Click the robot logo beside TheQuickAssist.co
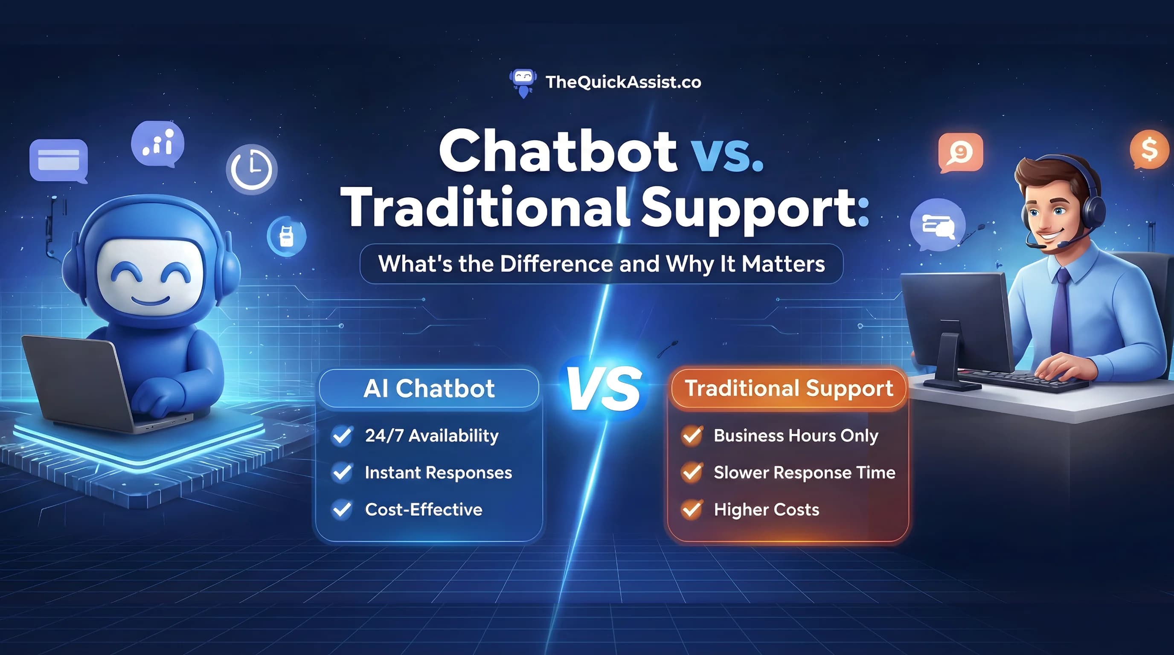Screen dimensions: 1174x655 click(x=523, y=83)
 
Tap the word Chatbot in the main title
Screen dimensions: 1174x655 click(x=558, y=151)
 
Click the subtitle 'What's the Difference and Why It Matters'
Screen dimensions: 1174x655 click(x=602, y=264)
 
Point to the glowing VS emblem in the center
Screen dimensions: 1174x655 click(x=604, y=388)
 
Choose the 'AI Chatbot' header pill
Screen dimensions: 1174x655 click(x=429, y=388)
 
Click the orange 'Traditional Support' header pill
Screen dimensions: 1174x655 click(x=788, y=388)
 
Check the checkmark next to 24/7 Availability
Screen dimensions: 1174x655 click(x=342, y=435)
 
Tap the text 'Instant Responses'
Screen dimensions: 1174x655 click(x=439, y=473)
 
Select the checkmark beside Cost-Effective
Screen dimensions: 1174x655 click(x=342, y=510)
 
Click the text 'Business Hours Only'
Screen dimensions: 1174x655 click(x=796, y=436)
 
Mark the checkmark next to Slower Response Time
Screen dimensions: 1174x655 click(x=692, y=472)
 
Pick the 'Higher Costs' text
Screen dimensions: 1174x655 click(x=767, y=510)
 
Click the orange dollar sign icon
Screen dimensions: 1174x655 click(x=1149, y=149)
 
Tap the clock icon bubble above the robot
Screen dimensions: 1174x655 click(x=252, y=169)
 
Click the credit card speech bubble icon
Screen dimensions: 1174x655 click(x=59, y=161)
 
